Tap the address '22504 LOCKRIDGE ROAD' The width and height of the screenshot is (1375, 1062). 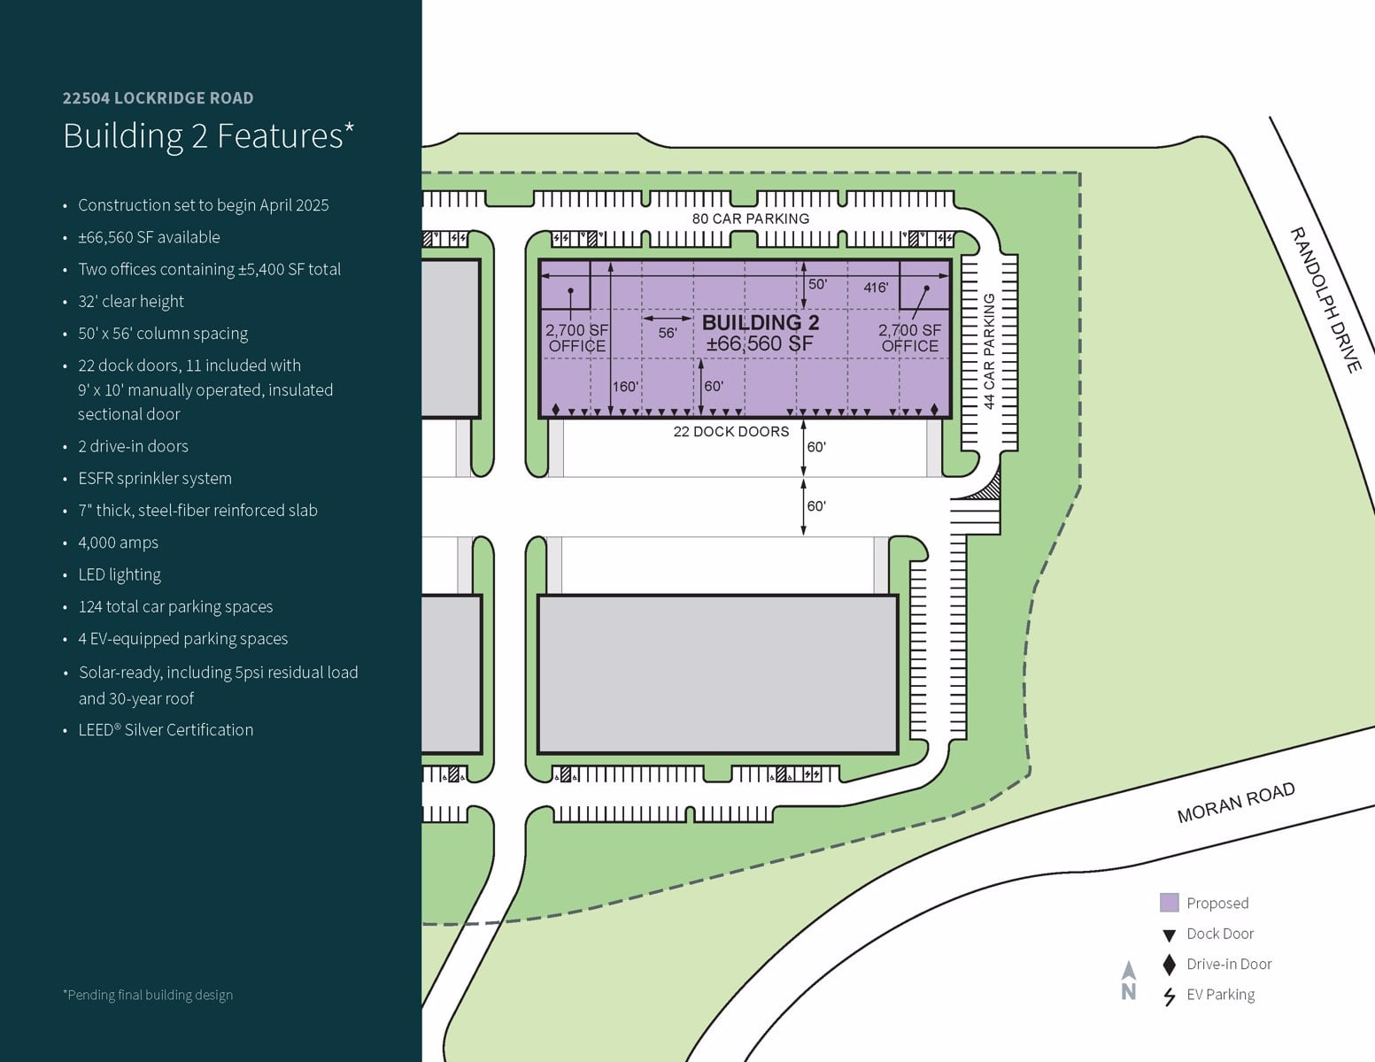point(158,98)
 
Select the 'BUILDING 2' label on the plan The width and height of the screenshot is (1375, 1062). point(761,322)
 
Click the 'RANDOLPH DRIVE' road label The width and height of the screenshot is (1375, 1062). point(1325,299)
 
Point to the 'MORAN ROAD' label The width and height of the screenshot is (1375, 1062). point(1235,802)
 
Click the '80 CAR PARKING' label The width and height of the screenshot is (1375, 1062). point(750,219)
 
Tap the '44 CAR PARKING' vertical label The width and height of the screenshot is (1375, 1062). point(989,351)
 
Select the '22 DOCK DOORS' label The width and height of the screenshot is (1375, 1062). point(730,432)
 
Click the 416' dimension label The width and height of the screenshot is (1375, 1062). point(876,288)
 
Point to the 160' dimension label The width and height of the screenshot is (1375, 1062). point(625,387)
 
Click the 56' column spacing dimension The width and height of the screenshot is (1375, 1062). point(668,333)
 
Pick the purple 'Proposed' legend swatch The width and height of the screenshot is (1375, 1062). point(1169,903)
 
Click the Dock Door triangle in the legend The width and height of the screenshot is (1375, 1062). point(1169,935)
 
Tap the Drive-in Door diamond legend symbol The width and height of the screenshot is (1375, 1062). point(1169,965)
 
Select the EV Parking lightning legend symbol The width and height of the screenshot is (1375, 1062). point(1169,996)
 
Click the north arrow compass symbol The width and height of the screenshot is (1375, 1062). point(1129,980)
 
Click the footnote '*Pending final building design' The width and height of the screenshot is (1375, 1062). point(148,995)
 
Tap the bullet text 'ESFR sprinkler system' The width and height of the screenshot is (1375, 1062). point(155,479)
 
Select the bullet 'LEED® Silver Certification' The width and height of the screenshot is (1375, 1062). point(166,730)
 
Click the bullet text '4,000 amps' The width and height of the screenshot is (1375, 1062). point(118,543)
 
